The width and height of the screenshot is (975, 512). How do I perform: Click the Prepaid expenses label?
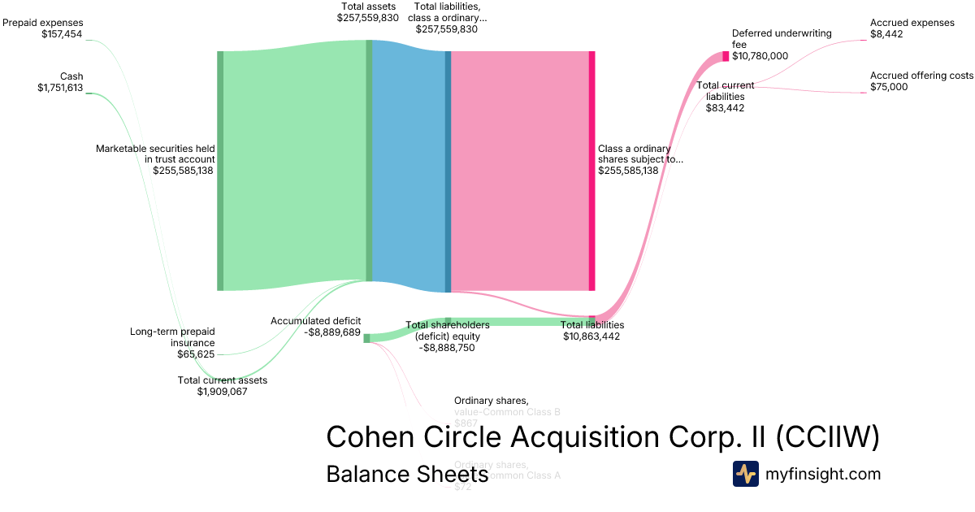[43, 23]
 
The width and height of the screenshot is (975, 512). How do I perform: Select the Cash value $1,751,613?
[60, 88]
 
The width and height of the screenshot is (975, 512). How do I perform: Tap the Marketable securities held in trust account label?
[155, 154]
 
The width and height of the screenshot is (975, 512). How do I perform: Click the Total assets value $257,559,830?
[368, 17]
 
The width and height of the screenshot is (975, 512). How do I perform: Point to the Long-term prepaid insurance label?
[172, 336]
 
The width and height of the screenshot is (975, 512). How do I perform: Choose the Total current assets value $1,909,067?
[222, 391]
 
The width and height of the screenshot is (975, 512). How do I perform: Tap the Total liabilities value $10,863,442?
[591, 336]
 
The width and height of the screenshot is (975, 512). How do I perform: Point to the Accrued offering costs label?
[921, 76]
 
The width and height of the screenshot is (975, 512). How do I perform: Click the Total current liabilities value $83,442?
[725, 107]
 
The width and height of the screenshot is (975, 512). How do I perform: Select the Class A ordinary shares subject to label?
[640, 154]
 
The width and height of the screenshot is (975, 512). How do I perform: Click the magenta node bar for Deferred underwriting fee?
[726, 56]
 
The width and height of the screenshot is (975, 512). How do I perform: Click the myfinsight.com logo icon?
[746, 474]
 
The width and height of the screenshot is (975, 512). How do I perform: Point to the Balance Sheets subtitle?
[407, 474]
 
